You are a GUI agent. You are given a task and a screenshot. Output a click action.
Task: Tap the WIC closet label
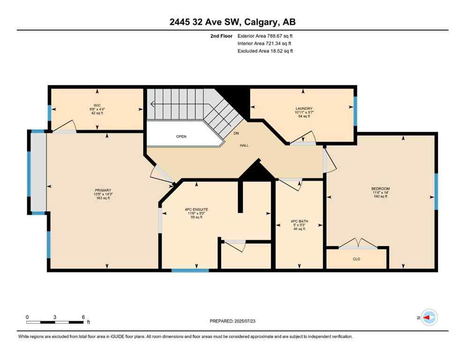pyautogui.click(x=97, y=105)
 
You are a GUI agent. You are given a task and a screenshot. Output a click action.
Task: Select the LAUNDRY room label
pyautogui.click(x=303, y=109)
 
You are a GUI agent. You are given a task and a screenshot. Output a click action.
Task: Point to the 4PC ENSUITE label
pyautogui.click(x=196, y=209)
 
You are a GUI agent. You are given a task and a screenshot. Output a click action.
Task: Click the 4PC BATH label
pyautogui.click(x=298, y=221)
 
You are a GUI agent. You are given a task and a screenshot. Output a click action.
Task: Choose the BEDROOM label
pyautogui.click(x=380, y=189)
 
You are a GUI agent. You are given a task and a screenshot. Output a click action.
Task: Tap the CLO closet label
pyautogui.click(x=357, y=258)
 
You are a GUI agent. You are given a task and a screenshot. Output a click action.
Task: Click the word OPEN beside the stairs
pyautogui.click(x=181, y=136)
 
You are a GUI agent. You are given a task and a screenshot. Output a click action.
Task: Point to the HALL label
pyautogui.click(x=244, y=145)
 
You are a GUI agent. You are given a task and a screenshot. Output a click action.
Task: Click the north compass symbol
pyautogui.click(x=428, y=317)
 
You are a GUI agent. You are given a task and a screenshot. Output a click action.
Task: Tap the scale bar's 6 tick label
pyautogui.click(x=83, y=317)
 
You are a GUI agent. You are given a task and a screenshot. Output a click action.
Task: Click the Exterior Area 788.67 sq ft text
pyautogui.click(x=266, y=36)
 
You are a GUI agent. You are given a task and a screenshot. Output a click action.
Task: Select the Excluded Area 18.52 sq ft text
pyautogui.click(x=266, y=51)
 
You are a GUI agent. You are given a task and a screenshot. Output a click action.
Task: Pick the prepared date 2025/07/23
pyautogui.click(x=232, y=321)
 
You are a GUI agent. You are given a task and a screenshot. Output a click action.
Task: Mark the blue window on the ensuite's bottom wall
pyautogui.click(x=190, y=270)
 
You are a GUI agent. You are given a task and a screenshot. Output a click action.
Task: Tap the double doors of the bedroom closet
pyautogui.click(x=358, y=244)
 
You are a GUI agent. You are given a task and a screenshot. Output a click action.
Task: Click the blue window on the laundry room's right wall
pyautogui.click(x=355, y=111)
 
